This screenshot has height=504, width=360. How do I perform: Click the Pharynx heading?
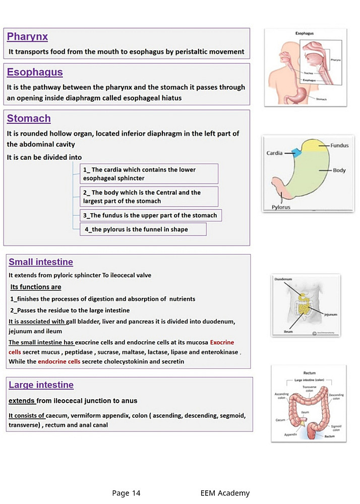tap(27, 37)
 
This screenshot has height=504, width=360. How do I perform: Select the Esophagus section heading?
tap(35, 72)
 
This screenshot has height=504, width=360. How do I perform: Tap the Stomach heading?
tap(29, 119)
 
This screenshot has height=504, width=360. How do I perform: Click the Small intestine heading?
tap(41, 262)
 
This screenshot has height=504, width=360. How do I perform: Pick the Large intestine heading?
tap(41, 385)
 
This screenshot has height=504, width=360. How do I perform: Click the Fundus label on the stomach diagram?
tap(339, 146)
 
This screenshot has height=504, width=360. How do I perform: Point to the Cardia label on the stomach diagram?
tap(274, 153)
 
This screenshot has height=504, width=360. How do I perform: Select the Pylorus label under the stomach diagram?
tap(281, 207)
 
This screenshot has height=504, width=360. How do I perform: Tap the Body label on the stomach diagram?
tap(339, 170)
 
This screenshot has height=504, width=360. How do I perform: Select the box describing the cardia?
tap(150, 174)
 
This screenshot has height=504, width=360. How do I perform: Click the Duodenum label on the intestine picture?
tap(283, 279)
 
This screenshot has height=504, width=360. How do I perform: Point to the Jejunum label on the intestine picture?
tap(330, 314)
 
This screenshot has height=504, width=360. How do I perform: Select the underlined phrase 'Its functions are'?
tap(36, 287)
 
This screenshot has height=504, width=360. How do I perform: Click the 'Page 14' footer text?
tap(126, 493)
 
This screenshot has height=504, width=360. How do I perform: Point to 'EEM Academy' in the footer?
tap(224, 493)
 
